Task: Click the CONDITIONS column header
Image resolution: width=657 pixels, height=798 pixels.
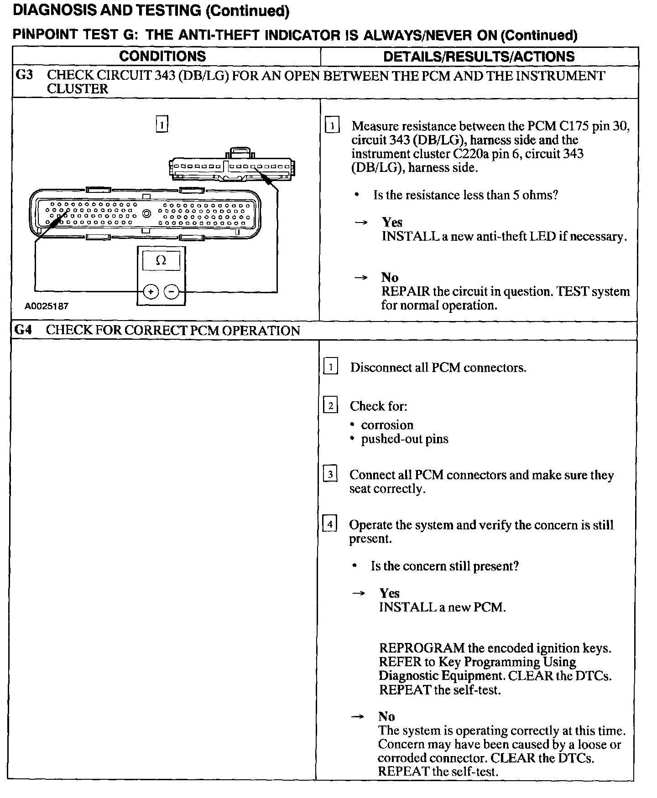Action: click(x=162, y=57)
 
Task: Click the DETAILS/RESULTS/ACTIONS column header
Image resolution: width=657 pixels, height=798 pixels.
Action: click(x=479, y=57)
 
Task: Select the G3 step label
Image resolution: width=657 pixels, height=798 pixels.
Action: click(x=24, y=75)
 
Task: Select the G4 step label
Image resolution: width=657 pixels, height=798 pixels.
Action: click(x=23, y=330)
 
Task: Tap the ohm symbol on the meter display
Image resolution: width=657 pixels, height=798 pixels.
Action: click(x=161, y=260)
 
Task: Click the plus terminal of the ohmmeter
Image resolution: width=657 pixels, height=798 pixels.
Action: click(x=151, y=291)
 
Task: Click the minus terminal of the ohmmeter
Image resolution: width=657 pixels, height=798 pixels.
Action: click(x=172, y=291)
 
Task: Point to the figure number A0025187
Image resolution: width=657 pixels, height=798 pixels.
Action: click(x=46, y=306)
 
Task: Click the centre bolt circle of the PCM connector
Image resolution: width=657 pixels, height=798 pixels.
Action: click(x=147, y=213)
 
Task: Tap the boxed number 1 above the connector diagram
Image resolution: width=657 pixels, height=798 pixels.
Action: click(x=162, y=124)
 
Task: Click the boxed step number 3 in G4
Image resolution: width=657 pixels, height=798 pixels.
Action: click(x=330, y=474)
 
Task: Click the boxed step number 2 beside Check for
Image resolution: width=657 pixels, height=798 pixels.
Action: click(x=330, y=405)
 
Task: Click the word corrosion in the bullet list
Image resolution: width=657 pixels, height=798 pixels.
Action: click(x=387, y=425)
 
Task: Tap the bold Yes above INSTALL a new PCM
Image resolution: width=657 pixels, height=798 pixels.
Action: click(x=389, y=593)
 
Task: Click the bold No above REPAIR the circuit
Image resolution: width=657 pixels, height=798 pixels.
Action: click(x=390, y=277)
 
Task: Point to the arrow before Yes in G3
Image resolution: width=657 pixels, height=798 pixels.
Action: click(x=361, y=223)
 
